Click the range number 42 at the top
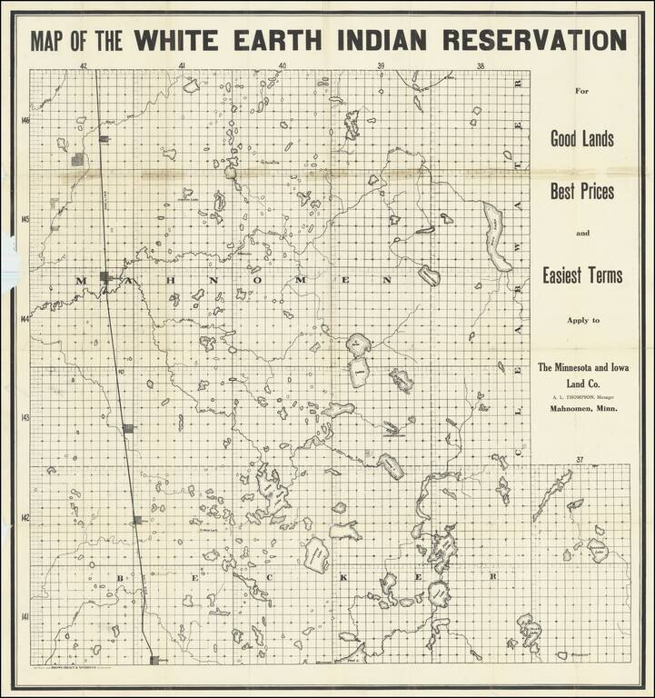point(83,65)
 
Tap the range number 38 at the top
point(481,65)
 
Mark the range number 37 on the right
point(579,460)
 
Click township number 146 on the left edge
point(25,121)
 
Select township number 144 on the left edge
point(25,319)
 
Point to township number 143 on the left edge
point(25,419)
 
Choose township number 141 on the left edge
point(25,618)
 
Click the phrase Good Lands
point(582,139)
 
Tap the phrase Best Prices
point(582,193)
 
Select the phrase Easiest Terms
point(582,274)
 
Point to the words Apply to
point(582,322)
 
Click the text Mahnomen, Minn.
point(582,409)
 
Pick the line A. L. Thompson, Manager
point(582,397)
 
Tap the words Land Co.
point(582,384)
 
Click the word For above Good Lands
point(582,92)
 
